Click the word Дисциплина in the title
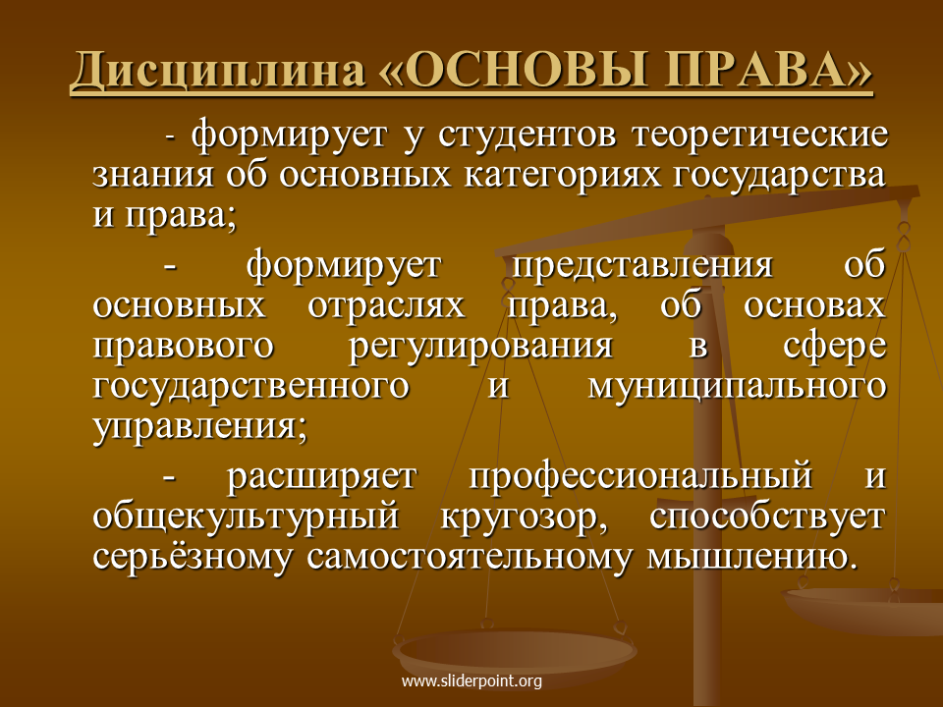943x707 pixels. point(218,71)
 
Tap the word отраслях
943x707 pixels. point(386,305)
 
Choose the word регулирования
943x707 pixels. point(480,347)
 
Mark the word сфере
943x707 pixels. point(835,347)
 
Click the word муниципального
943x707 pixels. point(737,387)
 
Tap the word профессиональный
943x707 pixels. point(639,476)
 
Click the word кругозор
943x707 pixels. point(524,517)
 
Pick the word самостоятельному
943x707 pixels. point(470,558)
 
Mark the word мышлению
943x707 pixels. point(751,558)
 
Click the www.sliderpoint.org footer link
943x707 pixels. point(471,681)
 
